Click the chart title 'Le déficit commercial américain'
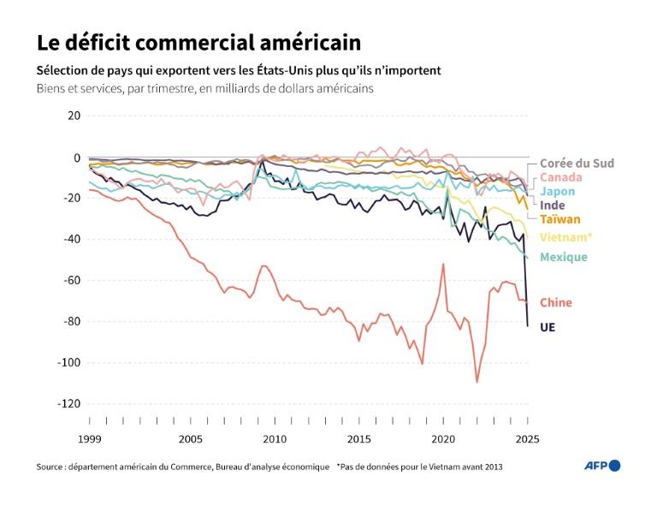pyautogui.click(x=198, y=43)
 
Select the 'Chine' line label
pyautogui.click(x=556, y=302)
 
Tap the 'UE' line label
pyautogui.click(x=547, y=327)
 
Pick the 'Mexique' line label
pyautogui.click(x=564, y=257)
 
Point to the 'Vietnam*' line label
pyautogui.click(x=565, y=236)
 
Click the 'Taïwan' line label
pyautogui.click(x=560, y=219)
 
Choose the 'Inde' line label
pyautogui.click(x=553, y=205)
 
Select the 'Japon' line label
pyautogui.click(x=557, y=192)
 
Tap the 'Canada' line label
pyautogui.click(x=561, y=177)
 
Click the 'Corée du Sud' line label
pyautogui.click(x=577, y=164)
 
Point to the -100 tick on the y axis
pyautogui.click(x=67, y=362)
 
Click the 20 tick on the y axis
pyautogui.click(x=73, y=116)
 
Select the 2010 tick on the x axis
pyautogui.click(x=275, y=438)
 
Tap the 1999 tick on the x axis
pyautogui.click(x=89, y=438)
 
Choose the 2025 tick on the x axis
pyautogui.click(x=527, y=438)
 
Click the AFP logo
pyautogui.click(x=601, y=466)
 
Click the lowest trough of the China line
pyautogui.click(x=477, y=382)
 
